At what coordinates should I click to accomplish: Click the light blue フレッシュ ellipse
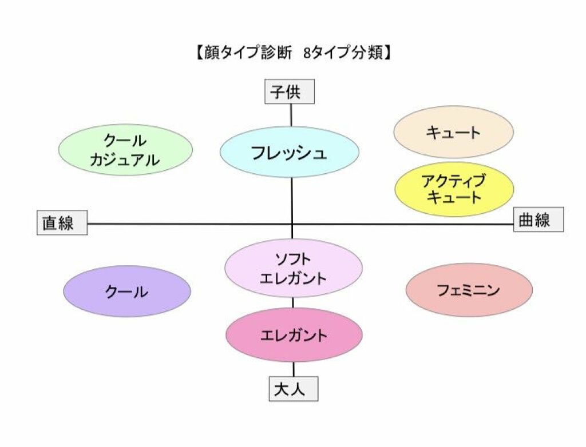(290, 153)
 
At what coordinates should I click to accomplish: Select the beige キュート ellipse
(453, 132)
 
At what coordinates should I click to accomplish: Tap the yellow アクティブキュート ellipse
(454, 189)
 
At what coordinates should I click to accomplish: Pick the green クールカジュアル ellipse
(125, 150)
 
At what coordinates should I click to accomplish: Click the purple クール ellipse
(126, 292)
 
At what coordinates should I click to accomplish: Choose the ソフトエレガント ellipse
(294, 268)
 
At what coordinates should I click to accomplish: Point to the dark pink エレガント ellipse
(294, 335)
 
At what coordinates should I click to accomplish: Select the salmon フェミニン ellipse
(469, 290)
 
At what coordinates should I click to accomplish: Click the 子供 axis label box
(290, 91)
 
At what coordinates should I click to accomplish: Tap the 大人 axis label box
(293, 390)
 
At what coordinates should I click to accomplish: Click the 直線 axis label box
(62, 223)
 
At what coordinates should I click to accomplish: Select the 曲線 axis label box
(538, 219)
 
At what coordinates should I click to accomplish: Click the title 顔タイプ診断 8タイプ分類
(292, 53)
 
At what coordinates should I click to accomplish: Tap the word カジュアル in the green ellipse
(125, 160)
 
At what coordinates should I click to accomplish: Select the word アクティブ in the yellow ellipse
(454, 181)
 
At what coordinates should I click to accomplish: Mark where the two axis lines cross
(292, 223)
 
